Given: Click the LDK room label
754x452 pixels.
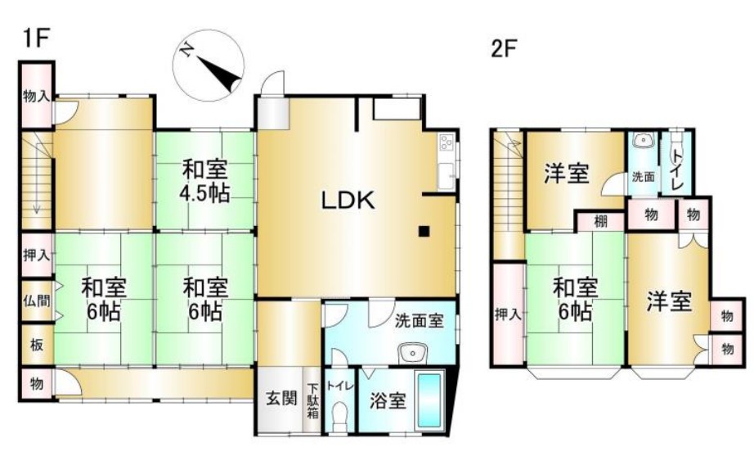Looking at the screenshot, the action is tap(348, 201).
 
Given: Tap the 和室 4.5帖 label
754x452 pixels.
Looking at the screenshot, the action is tap(204, 182).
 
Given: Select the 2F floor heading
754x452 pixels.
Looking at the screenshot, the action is tap(504, 48).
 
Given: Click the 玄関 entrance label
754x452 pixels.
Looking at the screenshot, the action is tap(281, 398).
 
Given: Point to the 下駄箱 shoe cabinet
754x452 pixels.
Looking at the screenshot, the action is tap(313, 400).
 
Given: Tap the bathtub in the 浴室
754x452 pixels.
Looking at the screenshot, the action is tap(429, 400).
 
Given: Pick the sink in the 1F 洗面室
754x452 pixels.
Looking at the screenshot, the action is tap(411, 353).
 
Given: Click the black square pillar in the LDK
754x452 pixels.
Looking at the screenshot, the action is tap(424, 232).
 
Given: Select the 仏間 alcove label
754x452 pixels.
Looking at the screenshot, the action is tap(37, 301).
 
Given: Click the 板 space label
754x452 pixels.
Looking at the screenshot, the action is tap(37, 345).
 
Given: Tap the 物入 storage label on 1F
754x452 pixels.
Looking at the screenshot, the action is tap(36, 97).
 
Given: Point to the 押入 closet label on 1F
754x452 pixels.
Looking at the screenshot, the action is tap(37, 255).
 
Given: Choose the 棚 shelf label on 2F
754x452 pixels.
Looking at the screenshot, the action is tap(600, 222).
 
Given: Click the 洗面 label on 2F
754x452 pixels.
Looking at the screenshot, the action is tap(643, 177).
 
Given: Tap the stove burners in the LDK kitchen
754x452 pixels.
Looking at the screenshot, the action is tap(445, 142).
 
